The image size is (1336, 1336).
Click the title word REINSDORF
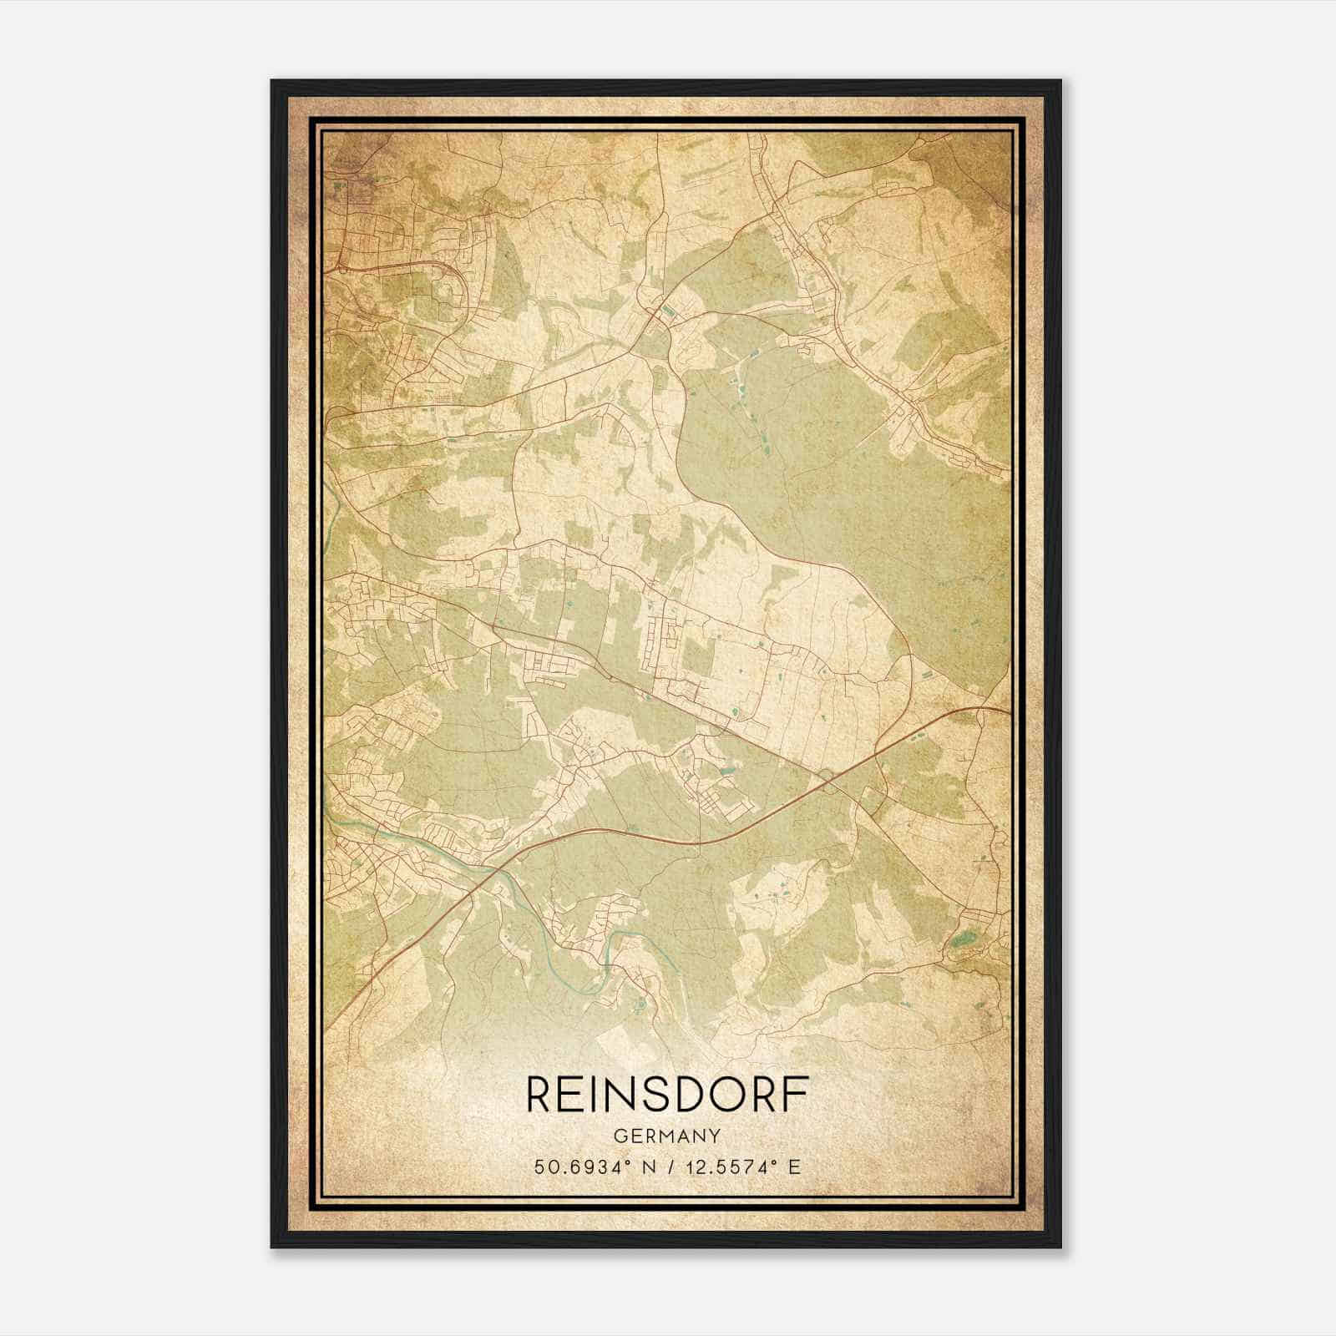click(667, 1094)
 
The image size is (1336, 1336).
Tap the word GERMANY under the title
click(667, 1136)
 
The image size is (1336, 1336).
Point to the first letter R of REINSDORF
click(539, 1094)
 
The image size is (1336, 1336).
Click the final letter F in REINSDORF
click(797, 1094)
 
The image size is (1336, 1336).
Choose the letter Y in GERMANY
click(715, 1136)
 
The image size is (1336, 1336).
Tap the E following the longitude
click(795, 1166)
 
